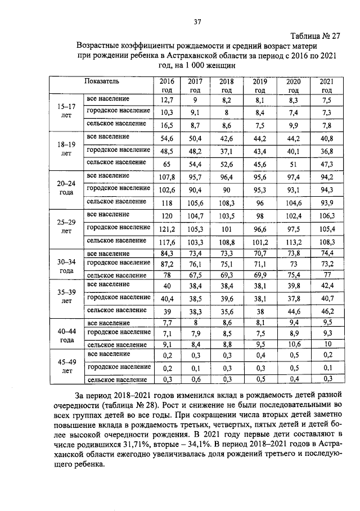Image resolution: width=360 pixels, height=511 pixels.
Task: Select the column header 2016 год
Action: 166,85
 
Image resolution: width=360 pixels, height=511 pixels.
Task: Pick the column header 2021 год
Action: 326,85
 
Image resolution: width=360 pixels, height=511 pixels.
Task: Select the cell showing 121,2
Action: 166,228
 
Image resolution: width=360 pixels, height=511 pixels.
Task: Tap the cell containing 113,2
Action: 294,241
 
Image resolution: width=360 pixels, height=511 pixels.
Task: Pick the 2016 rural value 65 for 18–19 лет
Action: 166,164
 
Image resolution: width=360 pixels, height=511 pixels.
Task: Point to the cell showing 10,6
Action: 294,345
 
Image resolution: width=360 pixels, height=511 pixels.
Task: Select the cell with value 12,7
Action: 166,100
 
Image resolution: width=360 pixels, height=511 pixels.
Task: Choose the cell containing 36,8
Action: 326,151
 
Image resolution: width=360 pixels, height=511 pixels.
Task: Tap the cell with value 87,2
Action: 166,264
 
